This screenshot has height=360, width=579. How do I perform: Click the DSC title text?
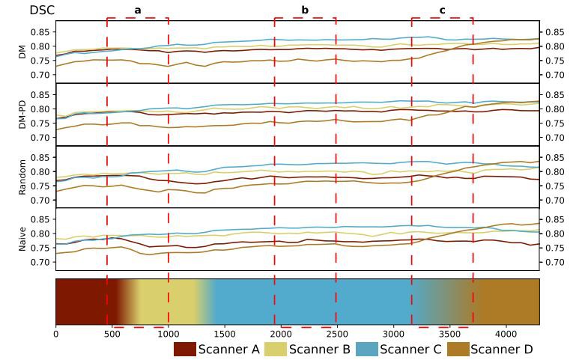coord(42,10)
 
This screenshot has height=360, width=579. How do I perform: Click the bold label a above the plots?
coord(138,10)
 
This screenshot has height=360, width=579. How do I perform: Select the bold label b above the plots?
coord(305,10)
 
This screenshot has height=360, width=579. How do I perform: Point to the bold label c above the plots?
coord(442,10)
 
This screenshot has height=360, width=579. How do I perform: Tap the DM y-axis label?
coord(22,52)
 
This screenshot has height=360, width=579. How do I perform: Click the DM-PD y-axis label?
coord(22,114)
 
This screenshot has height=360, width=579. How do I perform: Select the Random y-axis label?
coord(22,177)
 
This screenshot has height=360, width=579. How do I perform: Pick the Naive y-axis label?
coord(22,240)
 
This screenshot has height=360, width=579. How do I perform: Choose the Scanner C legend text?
coord(411,349)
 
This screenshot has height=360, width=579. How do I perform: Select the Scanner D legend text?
coord(502,349)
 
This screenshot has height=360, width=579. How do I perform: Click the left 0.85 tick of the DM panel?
coord(40,32)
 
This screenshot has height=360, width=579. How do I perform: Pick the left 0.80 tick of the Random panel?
coord(40,172)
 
